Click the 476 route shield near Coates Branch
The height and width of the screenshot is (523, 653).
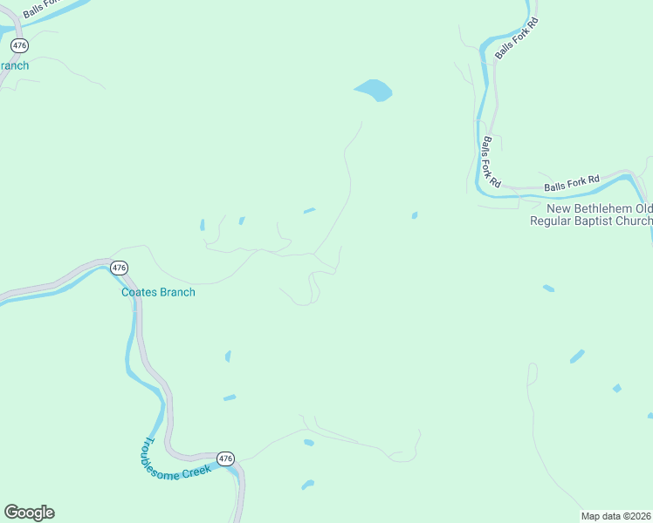[x=120, y=268]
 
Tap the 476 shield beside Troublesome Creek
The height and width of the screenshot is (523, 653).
[x=225, y=458]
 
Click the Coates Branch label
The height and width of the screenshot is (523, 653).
[x=158, y=292]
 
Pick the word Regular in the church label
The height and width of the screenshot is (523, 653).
[x=553, y=221]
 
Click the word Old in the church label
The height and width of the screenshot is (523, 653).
[x=643, y=209]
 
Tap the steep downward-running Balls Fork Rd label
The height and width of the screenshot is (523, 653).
[x=491, y=162]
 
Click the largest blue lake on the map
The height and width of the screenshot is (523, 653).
[x=374, y=90]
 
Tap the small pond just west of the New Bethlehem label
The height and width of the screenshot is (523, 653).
[x=414, y=214]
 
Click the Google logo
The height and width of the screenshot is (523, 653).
[x=29, y=513]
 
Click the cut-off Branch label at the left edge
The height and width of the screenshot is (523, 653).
[x=14, y=65]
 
